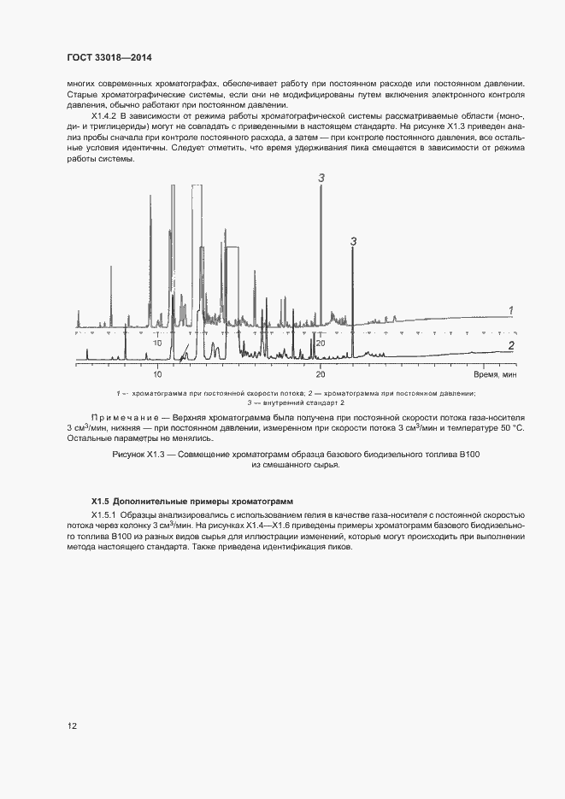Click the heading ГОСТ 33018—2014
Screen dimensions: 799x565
click(x=109, y=58)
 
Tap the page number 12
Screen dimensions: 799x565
click(x=73, y=726)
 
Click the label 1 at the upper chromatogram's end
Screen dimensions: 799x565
click(x=510, y=310)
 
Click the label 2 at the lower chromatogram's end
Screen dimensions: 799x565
click(x=510, y=345)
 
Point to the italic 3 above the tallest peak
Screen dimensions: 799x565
click(x=321, y=178)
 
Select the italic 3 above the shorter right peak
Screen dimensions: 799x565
click(x=353, y=242)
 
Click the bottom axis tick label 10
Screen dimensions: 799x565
click(x=157, y=374)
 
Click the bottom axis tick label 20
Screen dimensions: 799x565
click(x=321, y=374)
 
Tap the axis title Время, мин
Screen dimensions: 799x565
click(x=496, y=374)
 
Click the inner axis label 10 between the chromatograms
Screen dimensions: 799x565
click(x=157, y=343)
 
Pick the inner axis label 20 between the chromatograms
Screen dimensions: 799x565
click(x=320, y=343)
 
